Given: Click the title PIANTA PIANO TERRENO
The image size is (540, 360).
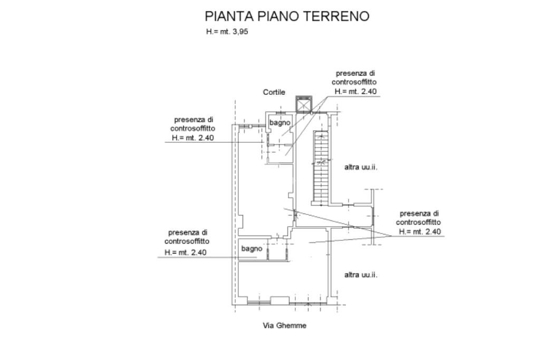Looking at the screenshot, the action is click(x=287, y=16).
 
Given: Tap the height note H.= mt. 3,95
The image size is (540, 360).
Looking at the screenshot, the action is click(x=227, y=32).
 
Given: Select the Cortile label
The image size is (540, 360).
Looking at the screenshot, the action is click(x=274, y=92).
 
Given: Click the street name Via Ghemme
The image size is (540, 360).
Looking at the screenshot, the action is click(x=284, y=326).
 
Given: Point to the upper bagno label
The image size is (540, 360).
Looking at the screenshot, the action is click(x=280, y=123).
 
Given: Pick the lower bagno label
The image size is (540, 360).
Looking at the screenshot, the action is click(x=252, y=248).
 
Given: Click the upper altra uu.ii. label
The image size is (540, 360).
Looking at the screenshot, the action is click(x=361, y=167).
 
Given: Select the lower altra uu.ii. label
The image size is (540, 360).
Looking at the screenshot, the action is click(x=361, y=275).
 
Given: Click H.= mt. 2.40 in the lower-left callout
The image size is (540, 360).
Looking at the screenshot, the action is click(x=186, y=252).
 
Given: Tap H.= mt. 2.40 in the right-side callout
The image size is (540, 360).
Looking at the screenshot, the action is click(x=420, y=231).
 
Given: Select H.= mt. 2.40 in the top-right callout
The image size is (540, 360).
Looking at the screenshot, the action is click(x=355, y=91).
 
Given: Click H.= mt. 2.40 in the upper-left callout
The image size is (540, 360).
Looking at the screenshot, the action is click(x=193, y=138).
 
